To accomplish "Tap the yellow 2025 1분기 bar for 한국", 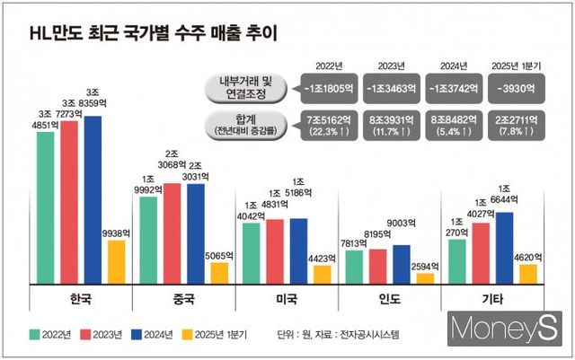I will click(x=116, y=261).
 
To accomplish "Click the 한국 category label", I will click(x=81, y=299).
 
